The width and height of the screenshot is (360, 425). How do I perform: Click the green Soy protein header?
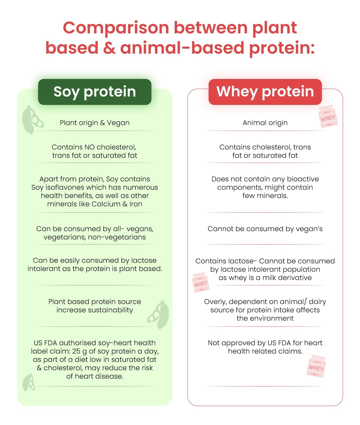[x=95, y=92]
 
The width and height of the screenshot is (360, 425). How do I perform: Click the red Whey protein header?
[x=265, y=92]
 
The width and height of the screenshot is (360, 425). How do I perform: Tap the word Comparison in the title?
[x=116, y=28]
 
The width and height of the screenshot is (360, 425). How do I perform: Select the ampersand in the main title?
[x=109, y=48]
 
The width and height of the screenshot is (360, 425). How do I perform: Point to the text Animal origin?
[x=265, y=123]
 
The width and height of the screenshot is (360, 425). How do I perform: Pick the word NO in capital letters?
[x=90, y=147]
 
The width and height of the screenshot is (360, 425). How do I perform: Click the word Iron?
[x=136, y=204]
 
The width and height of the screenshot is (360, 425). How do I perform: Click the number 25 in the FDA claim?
[x=76, y=351]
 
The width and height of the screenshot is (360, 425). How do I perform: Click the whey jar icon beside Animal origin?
[x=328, y=117]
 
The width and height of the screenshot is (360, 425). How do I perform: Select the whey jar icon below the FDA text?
[x=316, y=366]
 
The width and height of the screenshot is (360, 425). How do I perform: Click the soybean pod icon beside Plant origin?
[x=33, y=120]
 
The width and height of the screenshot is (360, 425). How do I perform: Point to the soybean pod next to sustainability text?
[x=158, y=314]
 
